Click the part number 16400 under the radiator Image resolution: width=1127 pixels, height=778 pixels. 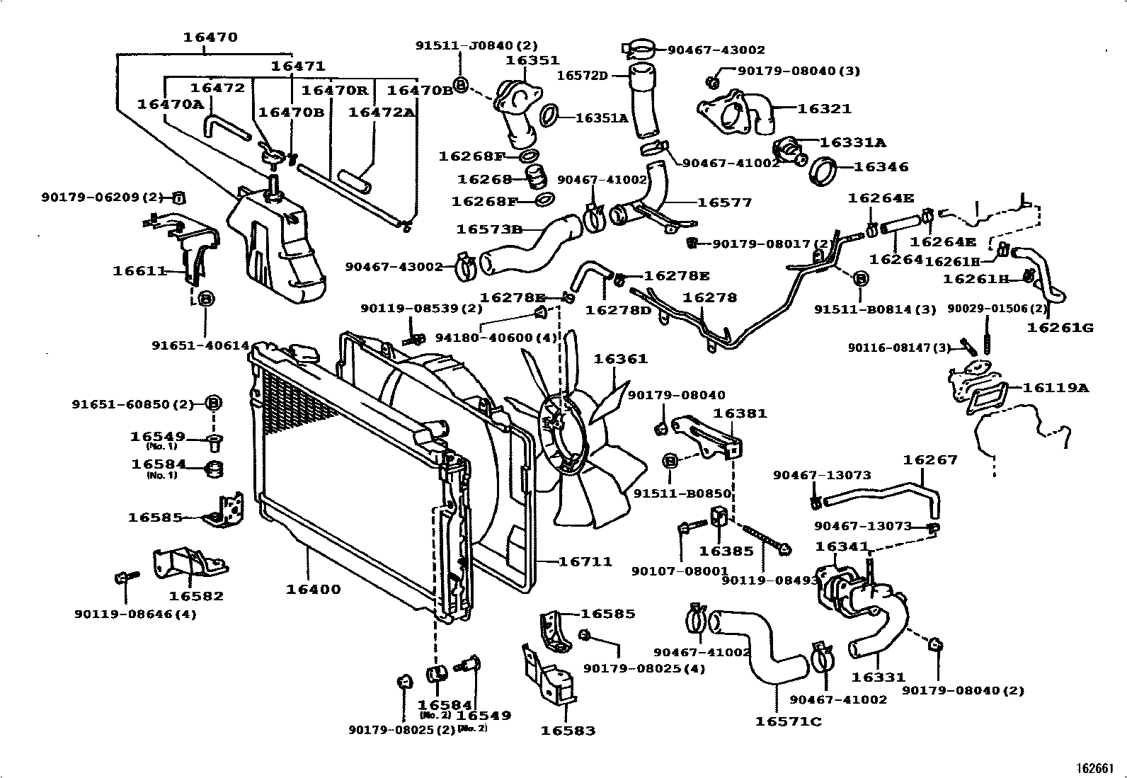(313, 589)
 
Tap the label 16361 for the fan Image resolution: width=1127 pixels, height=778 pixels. (620, 359)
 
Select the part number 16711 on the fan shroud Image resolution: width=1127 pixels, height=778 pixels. (585, 561)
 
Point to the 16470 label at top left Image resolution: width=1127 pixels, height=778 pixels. (210, 38)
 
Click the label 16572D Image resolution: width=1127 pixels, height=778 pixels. (582, 74)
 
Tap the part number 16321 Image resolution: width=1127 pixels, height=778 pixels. (824, 109)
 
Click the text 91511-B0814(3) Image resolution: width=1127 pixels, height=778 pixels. (875, 309)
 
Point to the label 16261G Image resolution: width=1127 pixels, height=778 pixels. (1060, 327)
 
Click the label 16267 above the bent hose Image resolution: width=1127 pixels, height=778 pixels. (929, 460)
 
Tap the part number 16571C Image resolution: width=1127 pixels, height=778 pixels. (788, 721)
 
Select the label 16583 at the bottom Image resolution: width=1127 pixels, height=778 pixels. (568, 730)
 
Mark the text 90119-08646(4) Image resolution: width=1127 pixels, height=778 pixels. (135, 614)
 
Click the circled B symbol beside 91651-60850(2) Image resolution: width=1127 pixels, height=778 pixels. (214, 404)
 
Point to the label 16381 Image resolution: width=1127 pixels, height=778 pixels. (740, 413)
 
